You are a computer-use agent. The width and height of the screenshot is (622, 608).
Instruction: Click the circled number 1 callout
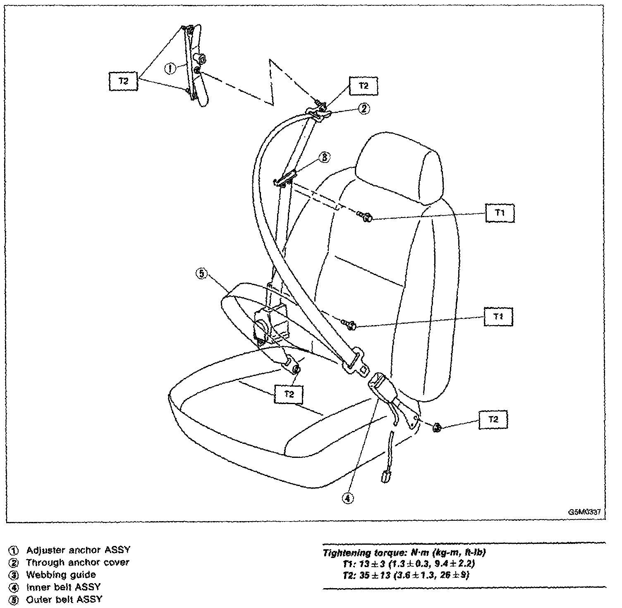169,68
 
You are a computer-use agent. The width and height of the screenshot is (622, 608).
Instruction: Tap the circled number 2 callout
364,109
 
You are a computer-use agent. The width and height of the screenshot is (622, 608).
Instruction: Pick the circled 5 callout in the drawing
201,274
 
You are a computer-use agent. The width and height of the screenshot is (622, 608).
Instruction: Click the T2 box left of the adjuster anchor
123,81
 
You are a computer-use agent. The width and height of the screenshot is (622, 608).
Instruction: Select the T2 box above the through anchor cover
363,86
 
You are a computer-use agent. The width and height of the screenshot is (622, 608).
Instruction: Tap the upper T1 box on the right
500,213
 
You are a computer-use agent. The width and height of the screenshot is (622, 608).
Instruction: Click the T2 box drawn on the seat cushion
289,394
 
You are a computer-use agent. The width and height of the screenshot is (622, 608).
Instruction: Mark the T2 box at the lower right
493,419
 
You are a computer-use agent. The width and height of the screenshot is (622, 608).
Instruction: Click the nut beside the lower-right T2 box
436,428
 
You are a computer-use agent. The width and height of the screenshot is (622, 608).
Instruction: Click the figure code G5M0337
584,512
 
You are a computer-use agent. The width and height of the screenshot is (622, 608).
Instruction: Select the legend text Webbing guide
61,574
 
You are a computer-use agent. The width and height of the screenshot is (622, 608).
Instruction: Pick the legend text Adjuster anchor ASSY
78,550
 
